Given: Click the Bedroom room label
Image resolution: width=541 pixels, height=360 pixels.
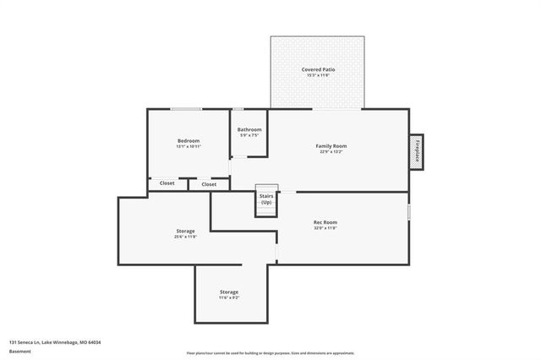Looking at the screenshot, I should tap(188, 140).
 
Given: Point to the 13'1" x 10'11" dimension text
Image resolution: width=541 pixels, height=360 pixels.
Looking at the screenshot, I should tap(188, 147).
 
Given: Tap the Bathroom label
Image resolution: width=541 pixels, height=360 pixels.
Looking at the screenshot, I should tap(249, 129).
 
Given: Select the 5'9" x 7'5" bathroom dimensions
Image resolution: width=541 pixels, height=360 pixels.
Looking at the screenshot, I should tap(249, 135).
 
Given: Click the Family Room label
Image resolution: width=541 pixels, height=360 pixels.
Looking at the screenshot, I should tap(331, 145).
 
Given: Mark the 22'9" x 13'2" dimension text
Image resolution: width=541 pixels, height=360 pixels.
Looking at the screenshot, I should tap(331, 152).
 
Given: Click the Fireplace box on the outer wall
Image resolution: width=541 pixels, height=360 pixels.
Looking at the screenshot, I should tap(416, 152).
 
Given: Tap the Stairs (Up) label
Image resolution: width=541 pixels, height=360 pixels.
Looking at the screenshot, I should tap(266, 199).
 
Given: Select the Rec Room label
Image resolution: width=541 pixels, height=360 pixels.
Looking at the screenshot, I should tap(325, 222).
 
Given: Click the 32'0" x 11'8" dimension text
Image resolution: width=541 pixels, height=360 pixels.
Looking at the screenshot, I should tap(325, 228).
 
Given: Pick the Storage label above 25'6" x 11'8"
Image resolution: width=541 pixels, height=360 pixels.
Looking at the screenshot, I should tap(185, 231).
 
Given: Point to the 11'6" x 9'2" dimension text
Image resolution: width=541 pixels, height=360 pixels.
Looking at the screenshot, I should tap(229, 298).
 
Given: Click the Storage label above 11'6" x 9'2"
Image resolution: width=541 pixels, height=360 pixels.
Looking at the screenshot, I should tap(229, 292).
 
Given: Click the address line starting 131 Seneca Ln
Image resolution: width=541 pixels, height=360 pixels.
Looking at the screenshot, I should tap(55, 342).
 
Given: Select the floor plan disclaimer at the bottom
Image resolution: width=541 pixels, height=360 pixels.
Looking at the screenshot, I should tap(270, 353).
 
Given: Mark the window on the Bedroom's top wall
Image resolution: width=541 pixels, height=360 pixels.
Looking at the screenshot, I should tap(186, 109).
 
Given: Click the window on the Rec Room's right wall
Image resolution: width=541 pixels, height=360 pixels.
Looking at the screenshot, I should tap(409, 211).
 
